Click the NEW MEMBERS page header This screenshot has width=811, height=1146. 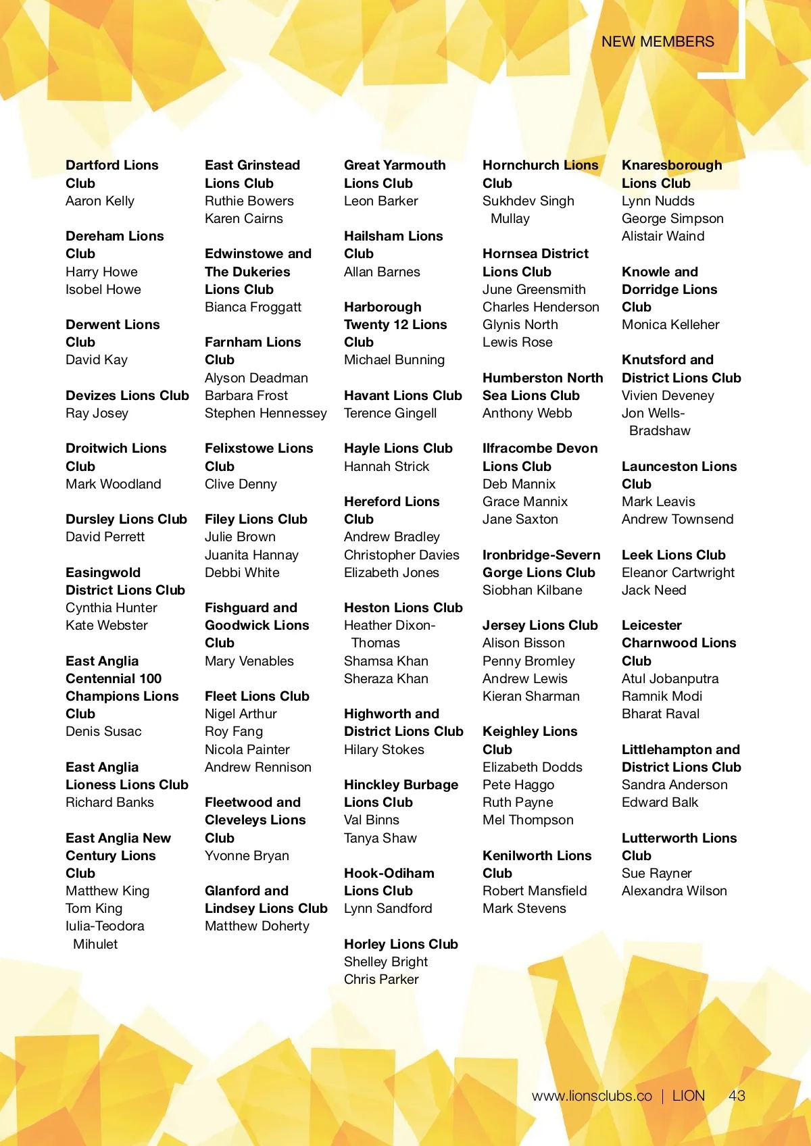(657, 42)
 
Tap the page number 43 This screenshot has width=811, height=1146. (737, 1096)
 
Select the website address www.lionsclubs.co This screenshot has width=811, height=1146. (592, 1096)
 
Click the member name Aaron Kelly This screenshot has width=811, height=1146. (100, 201)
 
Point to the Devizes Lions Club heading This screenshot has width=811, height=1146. (127, 395)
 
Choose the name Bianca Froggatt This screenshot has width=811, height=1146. (253, 307)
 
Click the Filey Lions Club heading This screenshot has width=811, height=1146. (255, 519)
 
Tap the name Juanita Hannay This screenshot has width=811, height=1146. (251, 555)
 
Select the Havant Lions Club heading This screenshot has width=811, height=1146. (403, 395)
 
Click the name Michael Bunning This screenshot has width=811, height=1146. (394, 359)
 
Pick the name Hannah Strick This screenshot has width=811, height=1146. (387, 466)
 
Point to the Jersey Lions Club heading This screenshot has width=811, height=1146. (540, 625)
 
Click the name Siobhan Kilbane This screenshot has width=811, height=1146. (532, 590)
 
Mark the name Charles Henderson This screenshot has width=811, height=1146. (541, 307)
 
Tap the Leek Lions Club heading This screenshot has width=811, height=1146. (673, 555)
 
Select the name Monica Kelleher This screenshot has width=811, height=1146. (670, 324)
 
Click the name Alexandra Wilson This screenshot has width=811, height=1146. (674, 891)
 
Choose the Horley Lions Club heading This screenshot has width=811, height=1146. (401, 944)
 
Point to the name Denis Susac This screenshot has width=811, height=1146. (103, 731)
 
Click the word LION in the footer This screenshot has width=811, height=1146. (689, 1096)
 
